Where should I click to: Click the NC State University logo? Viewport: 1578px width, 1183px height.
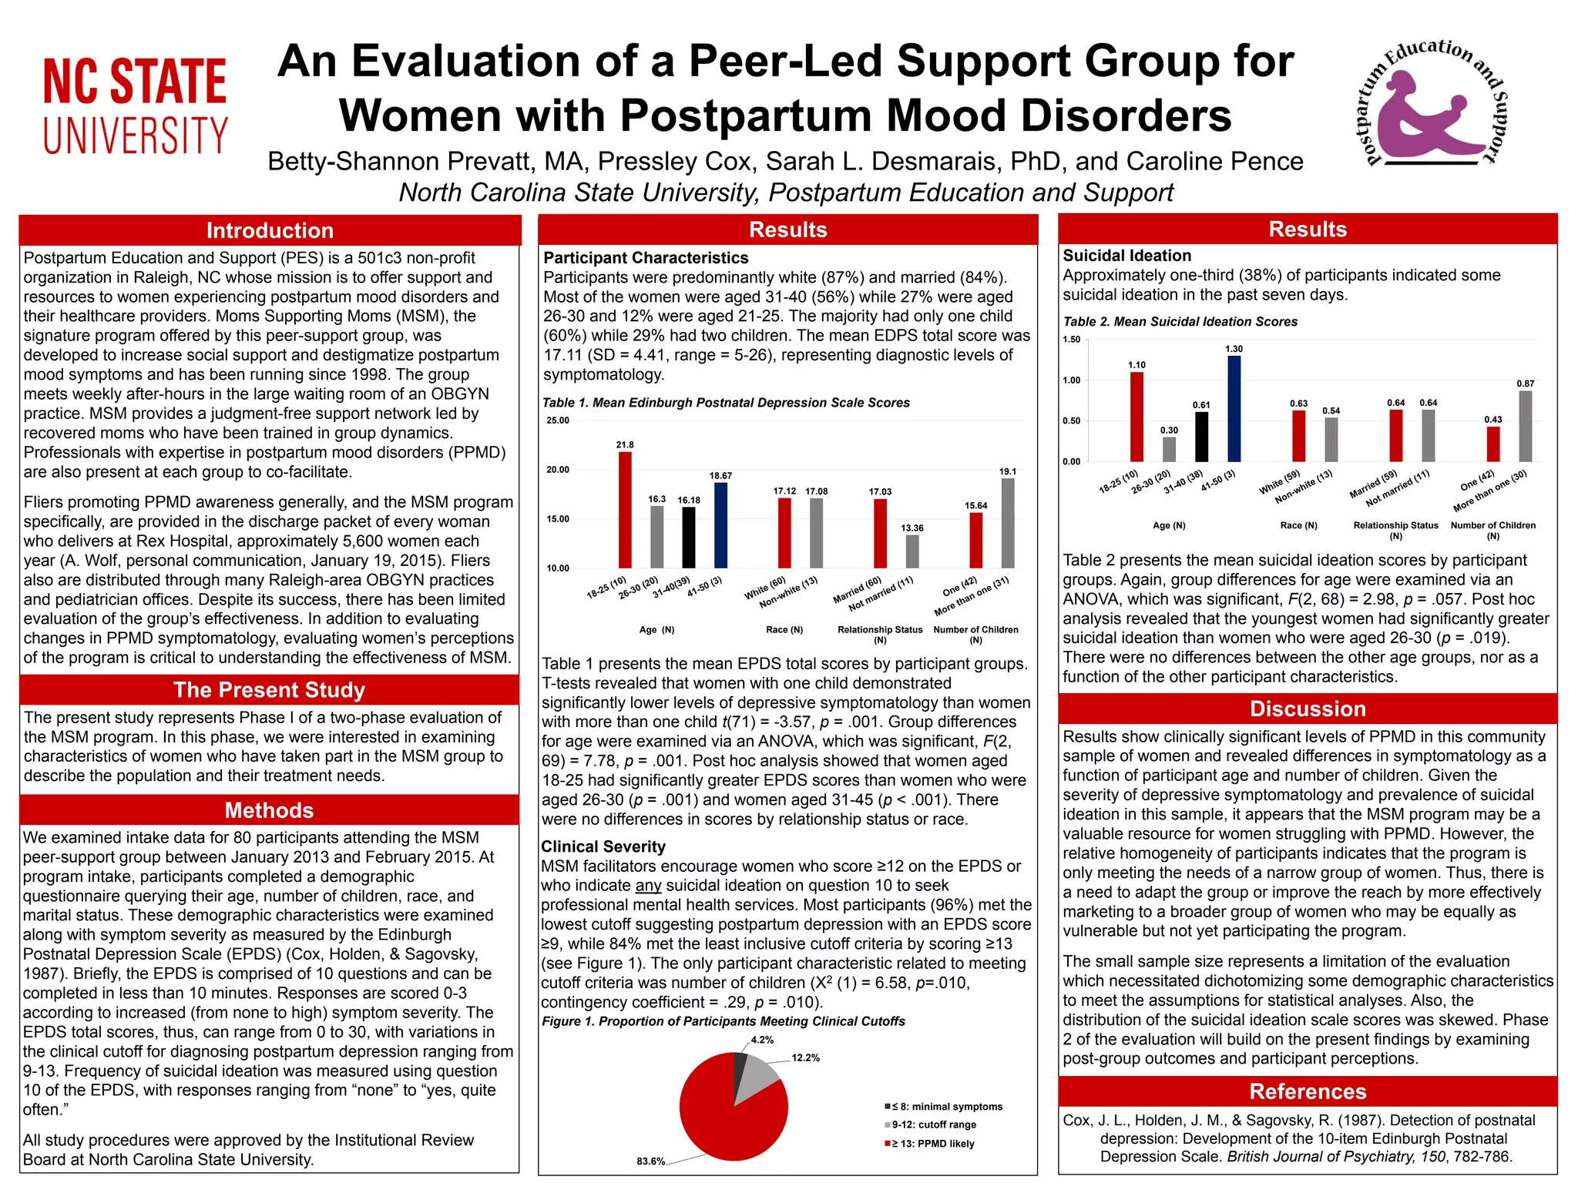tap(135, 106)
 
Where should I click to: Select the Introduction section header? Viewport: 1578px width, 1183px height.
tap(270, 230)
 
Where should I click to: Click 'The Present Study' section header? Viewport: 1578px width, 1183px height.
tap(270, 690)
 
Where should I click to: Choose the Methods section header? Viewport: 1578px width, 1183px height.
tap(270, 810)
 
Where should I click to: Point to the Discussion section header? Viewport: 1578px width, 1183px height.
tap(1308, 709)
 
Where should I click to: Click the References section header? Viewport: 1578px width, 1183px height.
tap(1308, 1091)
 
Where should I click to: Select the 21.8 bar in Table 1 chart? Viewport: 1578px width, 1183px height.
tap(625, 510)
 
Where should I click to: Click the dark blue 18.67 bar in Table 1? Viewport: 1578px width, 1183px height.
tap(721, 525)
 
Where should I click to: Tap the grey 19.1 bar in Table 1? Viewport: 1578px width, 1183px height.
tap(1008, 523)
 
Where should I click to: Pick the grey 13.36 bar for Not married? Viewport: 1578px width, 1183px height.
tap(912, 551)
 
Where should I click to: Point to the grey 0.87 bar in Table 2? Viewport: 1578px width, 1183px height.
tap(1526, 426)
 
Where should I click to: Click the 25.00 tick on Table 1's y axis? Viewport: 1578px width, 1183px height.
tap(558, 421)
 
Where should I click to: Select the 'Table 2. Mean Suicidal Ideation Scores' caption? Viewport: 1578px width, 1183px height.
tap(1180, 322)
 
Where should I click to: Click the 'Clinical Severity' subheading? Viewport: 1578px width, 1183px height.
tap(603, 846)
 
